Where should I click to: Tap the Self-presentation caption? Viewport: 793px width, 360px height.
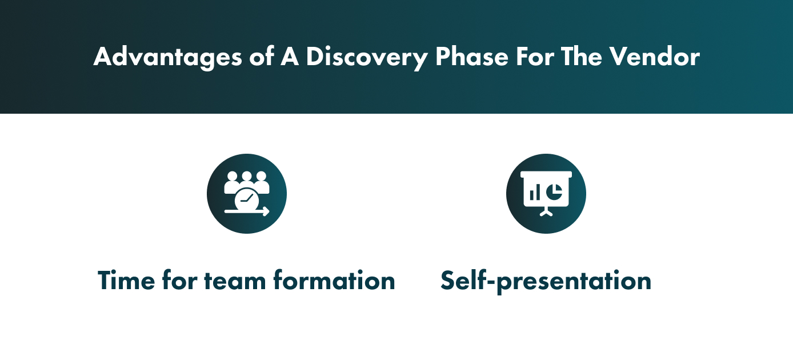tap(546, 281)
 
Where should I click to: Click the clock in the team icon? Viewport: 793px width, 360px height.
tap(247, 199)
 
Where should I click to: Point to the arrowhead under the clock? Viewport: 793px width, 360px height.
tap(266, 212)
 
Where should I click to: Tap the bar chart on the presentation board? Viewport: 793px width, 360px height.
tap(535, 194)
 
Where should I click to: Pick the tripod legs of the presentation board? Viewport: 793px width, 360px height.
tap(546, 212)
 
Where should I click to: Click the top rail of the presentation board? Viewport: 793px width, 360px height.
tap(546, 174)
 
